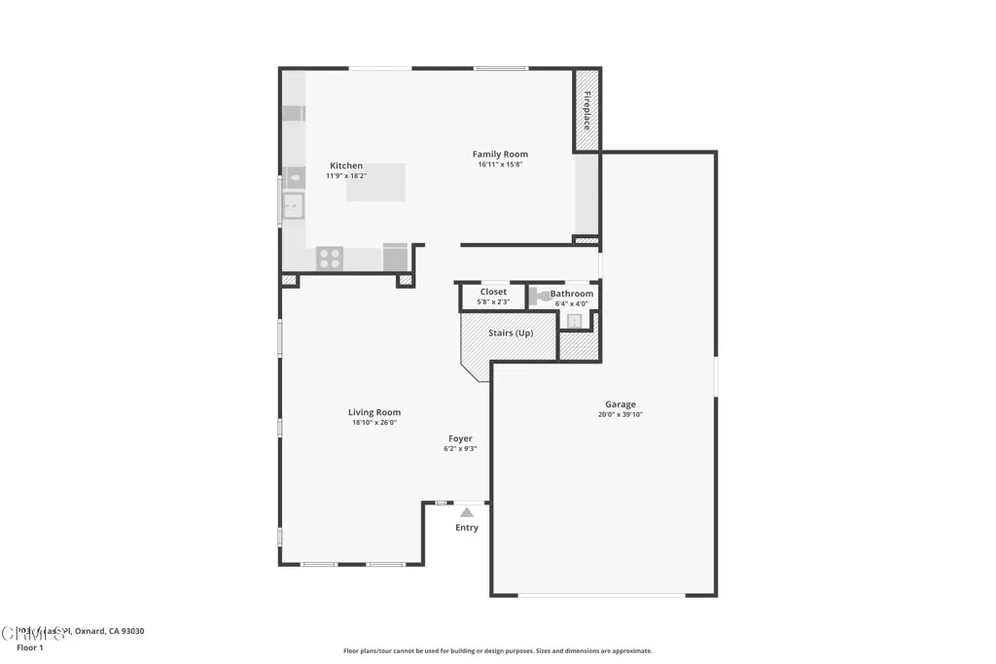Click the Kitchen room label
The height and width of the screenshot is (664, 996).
(x=345, y=165)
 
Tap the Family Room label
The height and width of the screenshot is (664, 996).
(x=500, y=154)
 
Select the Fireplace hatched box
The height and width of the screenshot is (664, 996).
(x=587, y=110)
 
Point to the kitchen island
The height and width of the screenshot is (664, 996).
(x=375, y=183)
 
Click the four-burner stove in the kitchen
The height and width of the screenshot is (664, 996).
(x=330, y=258)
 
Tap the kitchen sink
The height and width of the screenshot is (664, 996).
(x=293, y=205)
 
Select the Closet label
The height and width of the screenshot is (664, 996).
(x=493, y=292)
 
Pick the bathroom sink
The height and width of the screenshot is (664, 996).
(x=575, y=321)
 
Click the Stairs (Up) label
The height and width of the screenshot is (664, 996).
(x=511, y=333)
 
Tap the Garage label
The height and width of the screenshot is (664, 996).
(x=621, y=404)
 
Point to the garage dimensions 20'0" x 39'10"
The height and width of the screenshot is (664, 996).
(x=621, y=415)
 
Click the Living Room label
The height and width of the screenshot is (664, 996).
(x=374, y=412)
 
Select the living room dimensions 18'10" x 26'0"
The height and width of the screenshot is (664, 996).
(x=374, y=423)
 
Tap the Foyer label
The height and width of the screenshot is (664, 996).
(x=460, y=438)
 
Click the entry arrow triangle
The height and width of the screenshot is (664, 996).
(x=467, y=511)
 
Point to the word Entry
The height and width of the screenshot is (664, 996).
(x=467, y=528)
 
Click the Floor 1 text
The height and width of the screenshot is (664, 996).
(x=30, y=647)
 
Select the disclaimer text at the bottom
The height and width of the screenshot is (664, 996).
(x=497, y=651)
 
